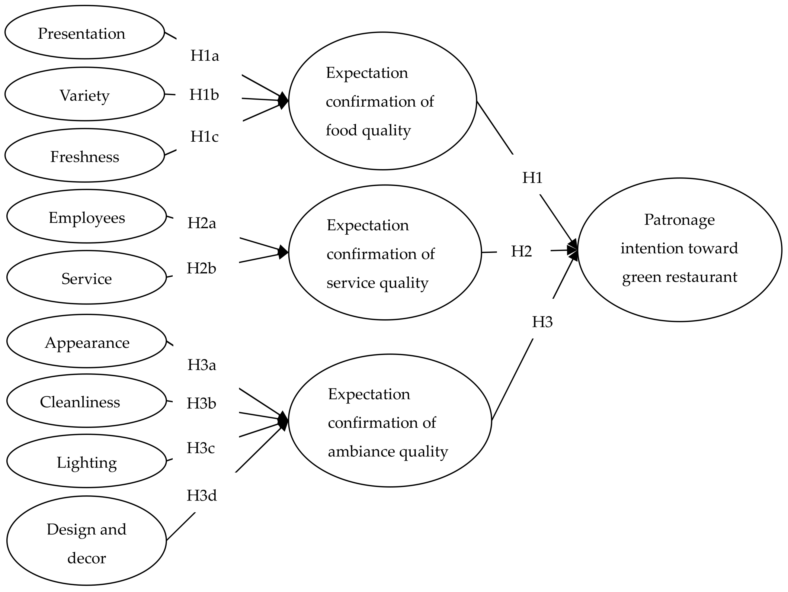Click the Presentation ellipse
85,32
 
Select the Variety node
85,94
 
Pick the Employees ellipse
86,216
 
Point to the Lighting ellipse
86,461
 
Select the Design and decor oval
86,541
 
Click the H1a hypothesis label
204,56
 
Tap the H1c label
204,137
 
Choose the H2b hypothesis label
201,269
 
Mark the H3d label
202,495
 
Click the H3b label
201,404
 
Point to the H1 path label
532,178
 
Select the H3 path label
542,322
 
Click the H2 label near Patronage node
521,252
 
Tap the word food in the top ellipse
341,130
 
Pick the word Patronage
679,220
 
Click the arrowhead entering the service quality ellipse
283,252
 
